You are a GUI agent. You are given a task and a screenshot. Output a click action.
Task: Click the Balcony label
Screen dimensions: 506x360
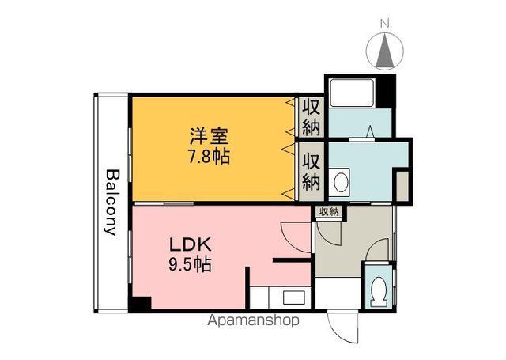(x=112, y=202)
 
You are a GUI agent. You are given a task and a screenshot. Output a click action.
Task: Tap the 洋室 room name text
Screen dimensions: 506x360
(x=209, y=137)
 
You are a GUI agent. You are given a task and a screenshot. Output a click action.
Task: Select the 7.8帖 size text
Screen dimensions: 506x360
(x=209, y=157)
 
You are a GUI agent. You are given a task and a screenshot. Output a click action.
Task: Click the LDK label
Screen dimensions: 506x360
(x=191, y=244)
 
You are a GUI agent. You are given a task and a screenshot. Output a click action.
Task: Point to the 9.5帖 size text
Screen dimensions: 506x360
(x=190, y=264)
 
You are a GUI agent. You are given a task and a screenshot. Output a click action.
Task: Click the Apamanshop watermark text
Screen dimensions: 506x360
(x=253, y=320)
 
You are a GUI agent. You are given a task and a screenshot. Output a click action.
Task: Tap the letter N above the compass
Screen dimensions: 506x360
(x=384, y=23)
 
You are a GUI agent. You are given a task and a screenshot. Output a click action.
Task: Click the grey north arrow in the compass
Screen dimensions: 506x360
(x=385, y=51)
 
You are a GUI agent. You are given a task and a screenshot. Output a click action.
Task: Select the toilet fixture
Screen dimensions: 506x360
(x=379, y=291)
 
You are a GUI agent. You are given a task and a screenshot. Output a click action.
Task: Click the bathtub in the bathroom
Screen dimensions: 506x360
(x=352, y=93)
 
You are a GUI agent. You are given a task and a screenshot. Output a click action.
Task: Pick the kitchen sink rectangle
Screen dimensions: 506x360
(x=293, y=297)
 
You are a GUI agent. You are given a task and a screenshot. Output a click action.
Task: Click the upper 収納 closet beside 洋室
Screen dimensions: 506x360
(x=311, y=118)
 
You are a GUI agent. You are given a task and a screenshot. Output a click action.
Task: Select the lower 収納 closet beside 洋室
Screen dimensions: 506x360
(x=311, y=172)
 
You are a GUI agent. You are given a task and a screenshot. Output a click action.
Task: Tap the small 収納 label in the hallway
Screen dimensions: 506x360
(x=329, y=212)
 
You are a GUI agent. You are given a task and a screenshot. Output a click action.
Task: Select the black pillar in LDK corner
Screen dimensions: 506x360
(x=142, y=304)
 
